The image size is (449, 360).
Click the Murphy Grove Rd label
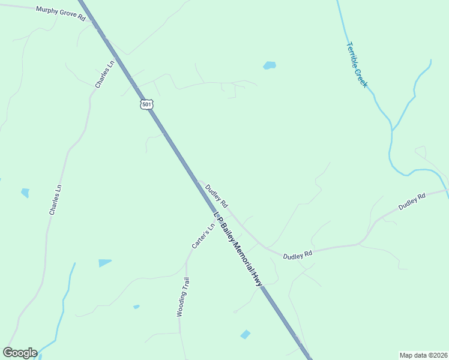pyautogui.click(x=61, y=14)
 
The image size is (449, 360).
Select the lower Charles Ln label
pyautogui.click(x=56, y=200)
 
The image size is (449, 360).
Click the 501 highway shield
pyautogui.click(x=147, y=104)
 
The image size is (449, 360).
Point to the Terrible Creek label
pyautogui.click(x=357, y=64)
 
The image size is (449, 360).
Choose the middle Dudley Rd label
pyautogui.click(x=298, y=255)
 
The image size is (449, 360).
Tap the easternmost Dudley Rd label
pyautogui.click(x=412, y=200)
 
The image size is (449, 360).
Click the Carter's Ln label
pyautogui.click(x=203, y=236)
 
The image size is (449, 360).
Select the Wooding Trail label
pyautogui.click(x=183, y=296)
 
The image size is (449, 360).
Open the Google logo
pyautogui.click(x=20, y=353)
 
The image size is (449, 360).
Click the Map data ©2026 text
pyautogui.click(x=423, y=355)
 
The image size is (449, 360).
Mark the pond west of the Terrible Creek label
pyautogui.click(x=270, y=65)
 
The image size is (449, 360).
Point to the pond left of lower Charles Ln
pyautogui.click(x=25, y=193)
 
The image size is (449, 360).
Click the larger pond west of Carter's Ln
pyautogui.click(x=104, y=263)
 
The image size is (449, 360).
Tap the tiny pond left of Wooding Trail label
pyautogui.click(x=136, y=307)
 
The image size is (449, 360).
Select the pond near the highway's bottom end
pyautogui.click(x=245, y=334)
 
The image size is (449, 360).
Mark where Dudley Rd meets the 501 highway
pyautogui.click(x=197, y=181)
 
